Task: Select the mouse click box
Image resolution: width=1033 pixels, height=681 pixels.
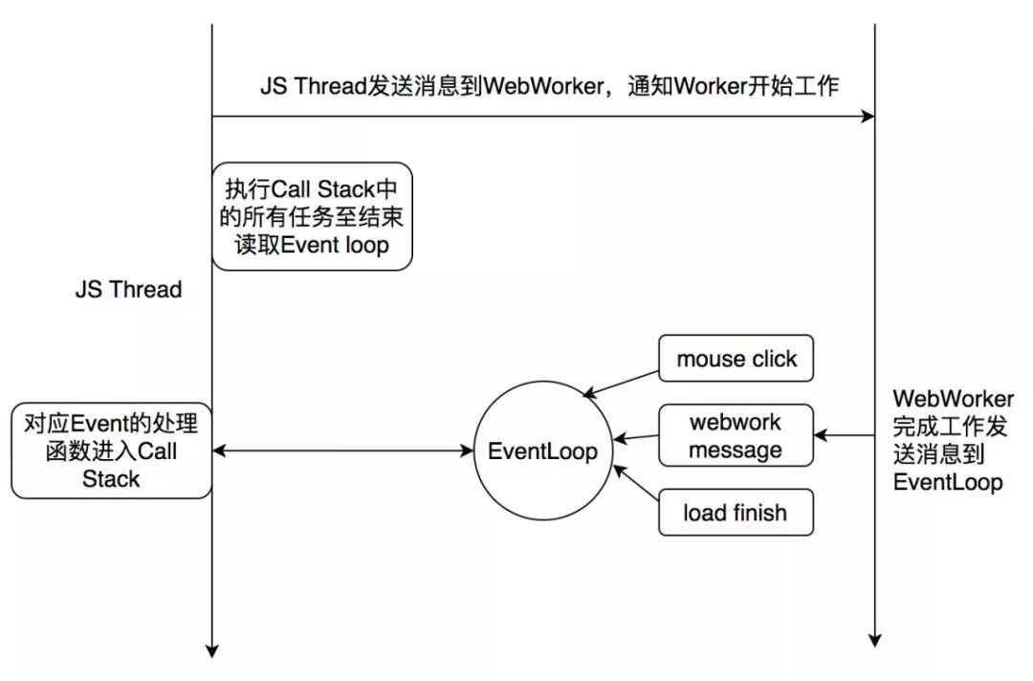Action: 736,359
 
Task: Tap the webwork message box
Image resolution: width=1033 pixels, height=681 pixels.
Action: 736,435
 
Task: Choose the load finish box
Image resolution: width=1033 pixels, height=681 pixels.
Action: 736,512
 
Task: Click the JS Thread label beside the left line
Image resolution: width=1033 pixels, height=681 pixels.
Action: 128,289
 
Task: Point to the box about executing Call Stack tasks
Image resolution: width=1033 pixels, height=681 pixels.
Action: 312,217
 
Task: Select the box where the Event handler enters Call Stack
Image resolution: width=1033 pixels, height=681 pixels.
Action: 111,451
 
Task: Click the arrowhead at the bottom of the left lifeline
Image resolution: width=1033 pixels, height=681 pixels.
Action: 212,650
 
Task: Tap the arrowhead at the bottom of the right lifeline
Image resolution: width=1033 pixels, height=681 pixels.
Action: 875,640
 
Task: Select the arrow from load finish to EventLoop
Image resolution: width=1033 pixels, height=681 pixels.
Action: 636,483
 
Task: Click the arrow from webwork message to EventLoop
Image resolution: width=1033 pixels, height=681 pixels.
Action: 636,437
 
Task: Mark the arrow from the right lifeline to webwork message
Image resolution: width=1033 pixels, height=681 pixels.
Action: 845,435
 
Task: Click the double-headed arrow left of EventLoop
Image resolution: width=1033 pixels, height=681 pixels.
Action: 342,451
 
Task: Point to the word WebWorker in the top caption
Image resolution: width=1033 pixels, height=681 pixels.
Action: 543,86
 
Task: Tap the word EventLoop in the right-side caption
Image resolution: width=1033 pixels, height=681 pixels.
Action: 948,482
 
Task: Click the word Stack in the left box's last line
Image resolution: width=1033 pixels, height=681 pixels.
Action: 111,479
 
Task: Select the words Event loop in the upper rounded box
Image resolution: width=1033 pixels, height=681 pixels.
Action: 335,245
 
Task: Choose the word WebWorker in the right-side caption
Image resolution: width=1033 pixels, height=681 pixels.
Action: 954,399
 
